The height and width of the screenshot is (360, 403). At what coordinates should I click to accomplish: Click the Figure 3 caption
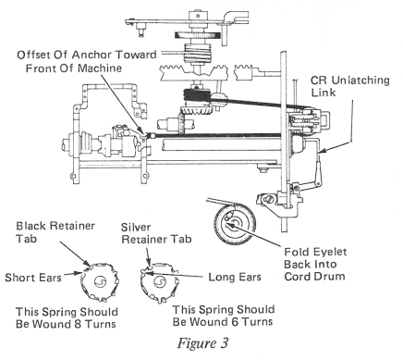point(202,342)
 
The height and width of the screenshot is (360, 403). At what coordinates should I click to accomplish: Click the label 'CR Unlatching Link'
point(349,86)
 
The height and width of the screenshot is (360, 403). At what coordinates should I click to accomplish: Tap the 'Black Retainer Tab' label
point(55,232)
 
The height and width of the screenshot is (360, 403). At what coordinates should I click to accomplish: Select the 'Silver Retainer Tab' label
point(156,233)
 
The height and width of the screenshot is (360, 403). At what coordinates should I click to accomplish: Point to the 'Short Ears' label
point(33,278)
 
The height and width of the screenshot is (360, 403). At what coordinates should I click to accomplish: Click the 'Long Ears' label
point(235,277)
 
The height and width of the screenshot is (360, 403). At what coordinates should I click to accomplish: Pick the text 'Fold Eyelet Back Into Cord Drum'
point(315,264)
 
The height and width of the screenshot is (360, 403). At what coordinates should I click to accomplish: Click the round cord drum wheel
point(236,222)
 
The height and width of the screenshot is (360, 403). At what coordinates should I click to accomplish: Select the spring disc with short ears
point(100,281)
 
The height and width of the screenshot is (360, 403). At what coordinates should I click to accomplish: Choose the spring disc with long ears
point(159,282)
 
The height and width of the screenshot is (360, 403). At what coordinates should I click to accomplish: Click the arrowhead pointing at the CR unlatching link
point(320,151)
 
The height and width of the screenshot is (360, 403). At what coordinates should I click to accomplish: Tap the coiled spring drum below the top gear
point(196,53)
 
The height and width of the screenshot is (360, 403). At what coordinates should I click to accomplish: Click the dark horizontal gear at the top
point(198,35)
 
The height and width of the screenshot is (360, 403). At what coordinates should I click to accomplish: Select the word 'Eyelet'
point(329,253)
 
